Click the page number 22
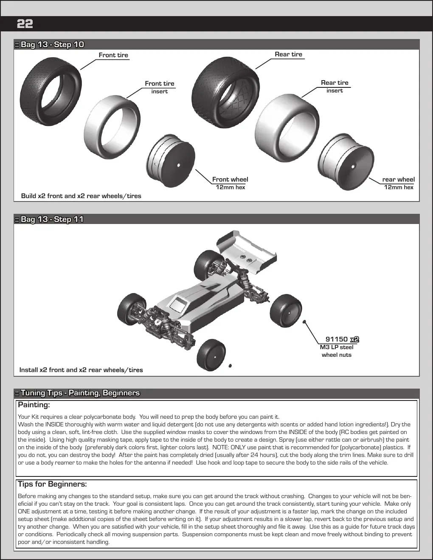point(25,24)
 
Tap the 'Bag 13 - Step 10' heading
point(52,44)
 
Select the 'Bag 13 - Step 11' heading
point(52,219)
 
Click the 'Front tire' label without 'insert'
point(113,55)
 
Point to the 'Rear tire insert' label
point(335,86)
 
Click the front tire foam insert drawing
point(112,127)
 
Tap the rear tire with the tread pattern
point(225,92)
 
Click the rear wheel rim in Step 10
point(346,162)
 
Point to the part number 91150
point(337,339)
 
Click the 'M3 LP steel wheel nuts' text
point(337,351)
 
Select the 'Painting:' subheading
point(34,405)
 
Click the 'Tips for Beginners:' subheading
point(52,484)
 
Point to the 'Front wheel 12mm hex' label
point(230,183)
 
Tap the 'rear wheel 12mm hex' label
point(399,183)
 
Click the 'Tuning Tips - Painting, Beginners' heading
point(80,393)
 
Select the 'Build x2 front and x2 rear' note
point(81,196)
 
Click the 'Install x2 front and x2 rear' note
point(81,370)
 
